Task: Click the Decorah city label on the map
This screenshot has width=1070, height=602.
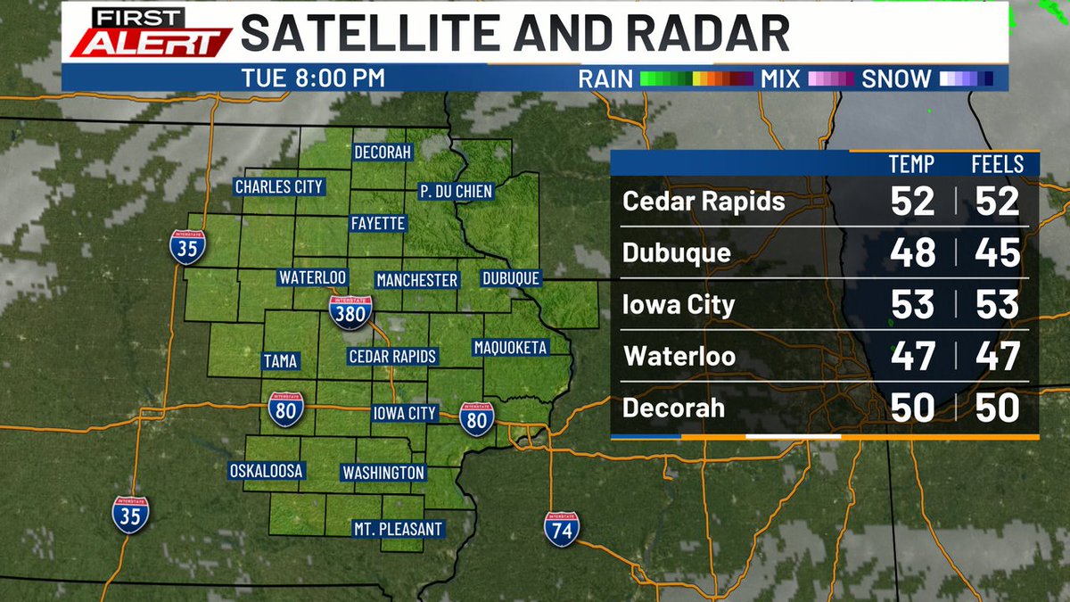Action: click(x=383, y=153)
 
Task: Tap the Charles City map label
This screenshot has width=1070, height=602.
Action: click(x=278, y=187)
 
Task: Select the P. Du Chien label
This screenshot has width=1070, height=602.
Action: click(x=456, y=191)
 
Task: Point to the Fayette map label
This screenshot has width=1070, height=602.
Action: click(x=378, y=223)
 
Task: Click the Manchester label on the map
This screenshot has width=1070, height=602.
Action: click(x=416, y=280)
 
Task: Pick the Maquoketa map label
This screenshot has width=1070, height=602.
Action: click(x=510, y=347)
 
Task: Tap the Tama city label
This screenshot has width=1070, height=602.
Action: click(x=280, y=361)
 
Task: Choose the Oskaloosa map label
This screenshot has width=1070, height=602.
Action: click(x=267, y=470)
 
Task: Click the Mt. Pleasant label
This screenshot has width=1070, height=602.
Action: click(x=398, y=529)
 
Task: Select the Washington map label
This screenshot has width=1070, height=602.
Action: click(x=383, y=472)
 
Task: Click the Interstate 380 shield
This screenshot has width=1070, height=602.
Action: click(x=350, y=312)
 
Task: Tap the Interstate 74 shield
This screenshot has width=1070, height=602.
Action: click(x=562, y=528)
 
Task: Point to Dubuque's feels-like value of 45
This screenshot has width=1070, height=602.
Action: click(x=996, y=253)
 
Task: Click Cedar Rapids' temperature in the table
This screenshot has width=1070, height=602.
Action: click(x=912, y=202)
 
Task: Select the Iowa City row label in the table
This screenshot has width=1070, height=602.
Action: click(x=679, y=305)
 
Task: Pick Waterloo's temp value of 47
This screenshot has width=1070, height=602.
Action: click(x=912, y=357)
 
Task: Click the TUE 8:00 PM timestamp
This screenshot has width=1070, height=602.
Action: click(x=313, y=78)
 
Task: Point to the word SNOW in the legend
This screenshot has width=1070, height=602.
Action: click(x=896, y=78)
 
